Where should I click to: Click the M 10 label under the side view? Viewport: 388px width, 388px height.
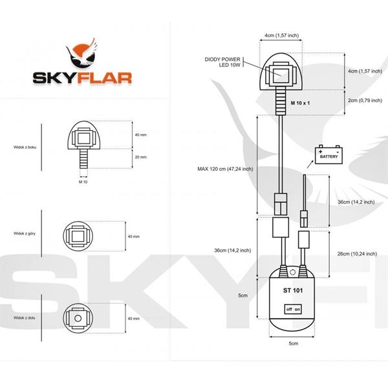82,182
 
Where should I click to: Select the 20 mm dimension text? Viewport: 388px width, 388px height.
141,157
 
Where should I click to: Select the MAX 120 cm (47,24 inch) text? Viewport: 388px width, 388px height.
225,169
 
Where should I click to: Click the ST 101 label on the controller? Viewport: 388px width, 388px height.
293,290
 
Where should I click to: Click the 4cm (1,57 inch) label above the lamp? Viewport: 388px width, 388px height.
281,35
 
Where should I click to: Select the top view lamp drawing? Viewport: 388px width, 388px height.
82,236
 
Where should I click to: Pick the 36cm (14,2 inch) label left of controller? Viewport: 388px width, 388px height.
233,250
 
